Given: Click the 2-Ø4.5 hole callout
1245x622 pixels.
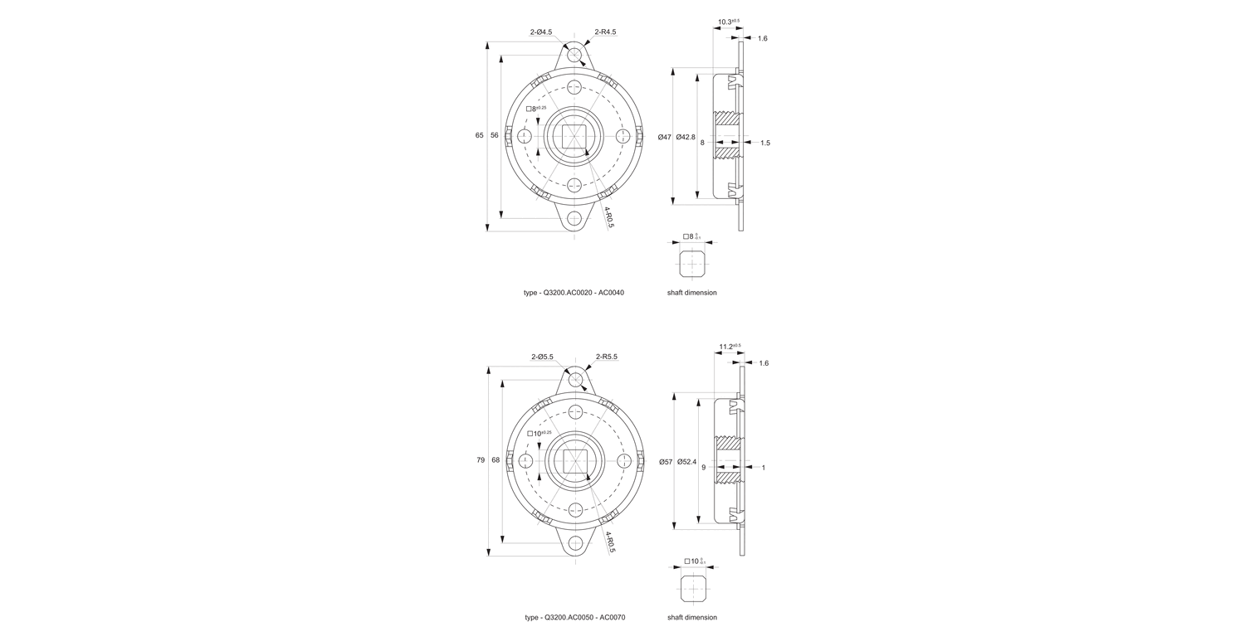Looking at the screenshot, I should (541, 32).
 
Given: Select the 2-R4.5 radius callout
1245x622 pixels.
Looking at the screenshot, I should (605, 32).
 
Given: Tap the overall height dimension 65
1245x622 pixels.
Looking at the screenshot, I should (479, 135).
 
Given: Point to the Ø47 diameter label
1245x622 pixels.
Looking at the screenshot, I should (664, 137).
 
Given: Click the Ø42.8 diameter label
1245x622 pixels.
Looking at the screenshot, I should (686, 137).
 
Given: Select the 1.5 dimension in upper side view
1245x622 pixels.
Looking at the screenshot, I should (764, 143).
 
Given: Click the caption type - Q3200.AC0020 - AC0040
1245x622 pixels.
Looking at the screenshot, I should (574, 293).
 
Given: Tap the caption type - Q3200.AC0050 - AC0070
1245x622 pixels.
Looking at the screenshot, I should (574, 617).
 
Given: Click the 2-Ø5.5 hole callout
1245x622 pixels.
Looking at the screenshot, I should (542, 357).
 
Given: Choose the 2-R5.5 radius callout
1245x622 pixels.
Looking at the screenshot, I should (606, 357).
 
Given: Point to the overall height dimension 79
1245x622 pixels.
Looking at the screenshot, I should (481, 460).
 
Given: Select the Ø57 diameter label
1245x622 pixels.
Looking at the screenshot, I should (664, 461).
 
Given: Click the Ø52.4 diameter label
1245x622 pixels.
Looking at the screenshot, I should (686, 461).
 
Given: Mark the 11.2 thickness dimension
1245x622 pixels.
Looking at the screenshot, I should (730, 347).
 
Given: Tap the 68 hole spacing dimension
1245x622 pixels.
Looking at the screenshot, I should (496, 460).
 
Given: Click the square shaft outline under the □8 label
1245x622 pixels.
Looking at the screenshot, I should (691, 265).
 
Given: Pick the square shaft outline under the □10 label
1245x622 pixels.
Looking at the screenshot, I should (692, 588).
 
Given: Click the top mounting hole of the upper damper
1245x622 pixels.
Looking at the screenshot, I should (574, 54).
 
